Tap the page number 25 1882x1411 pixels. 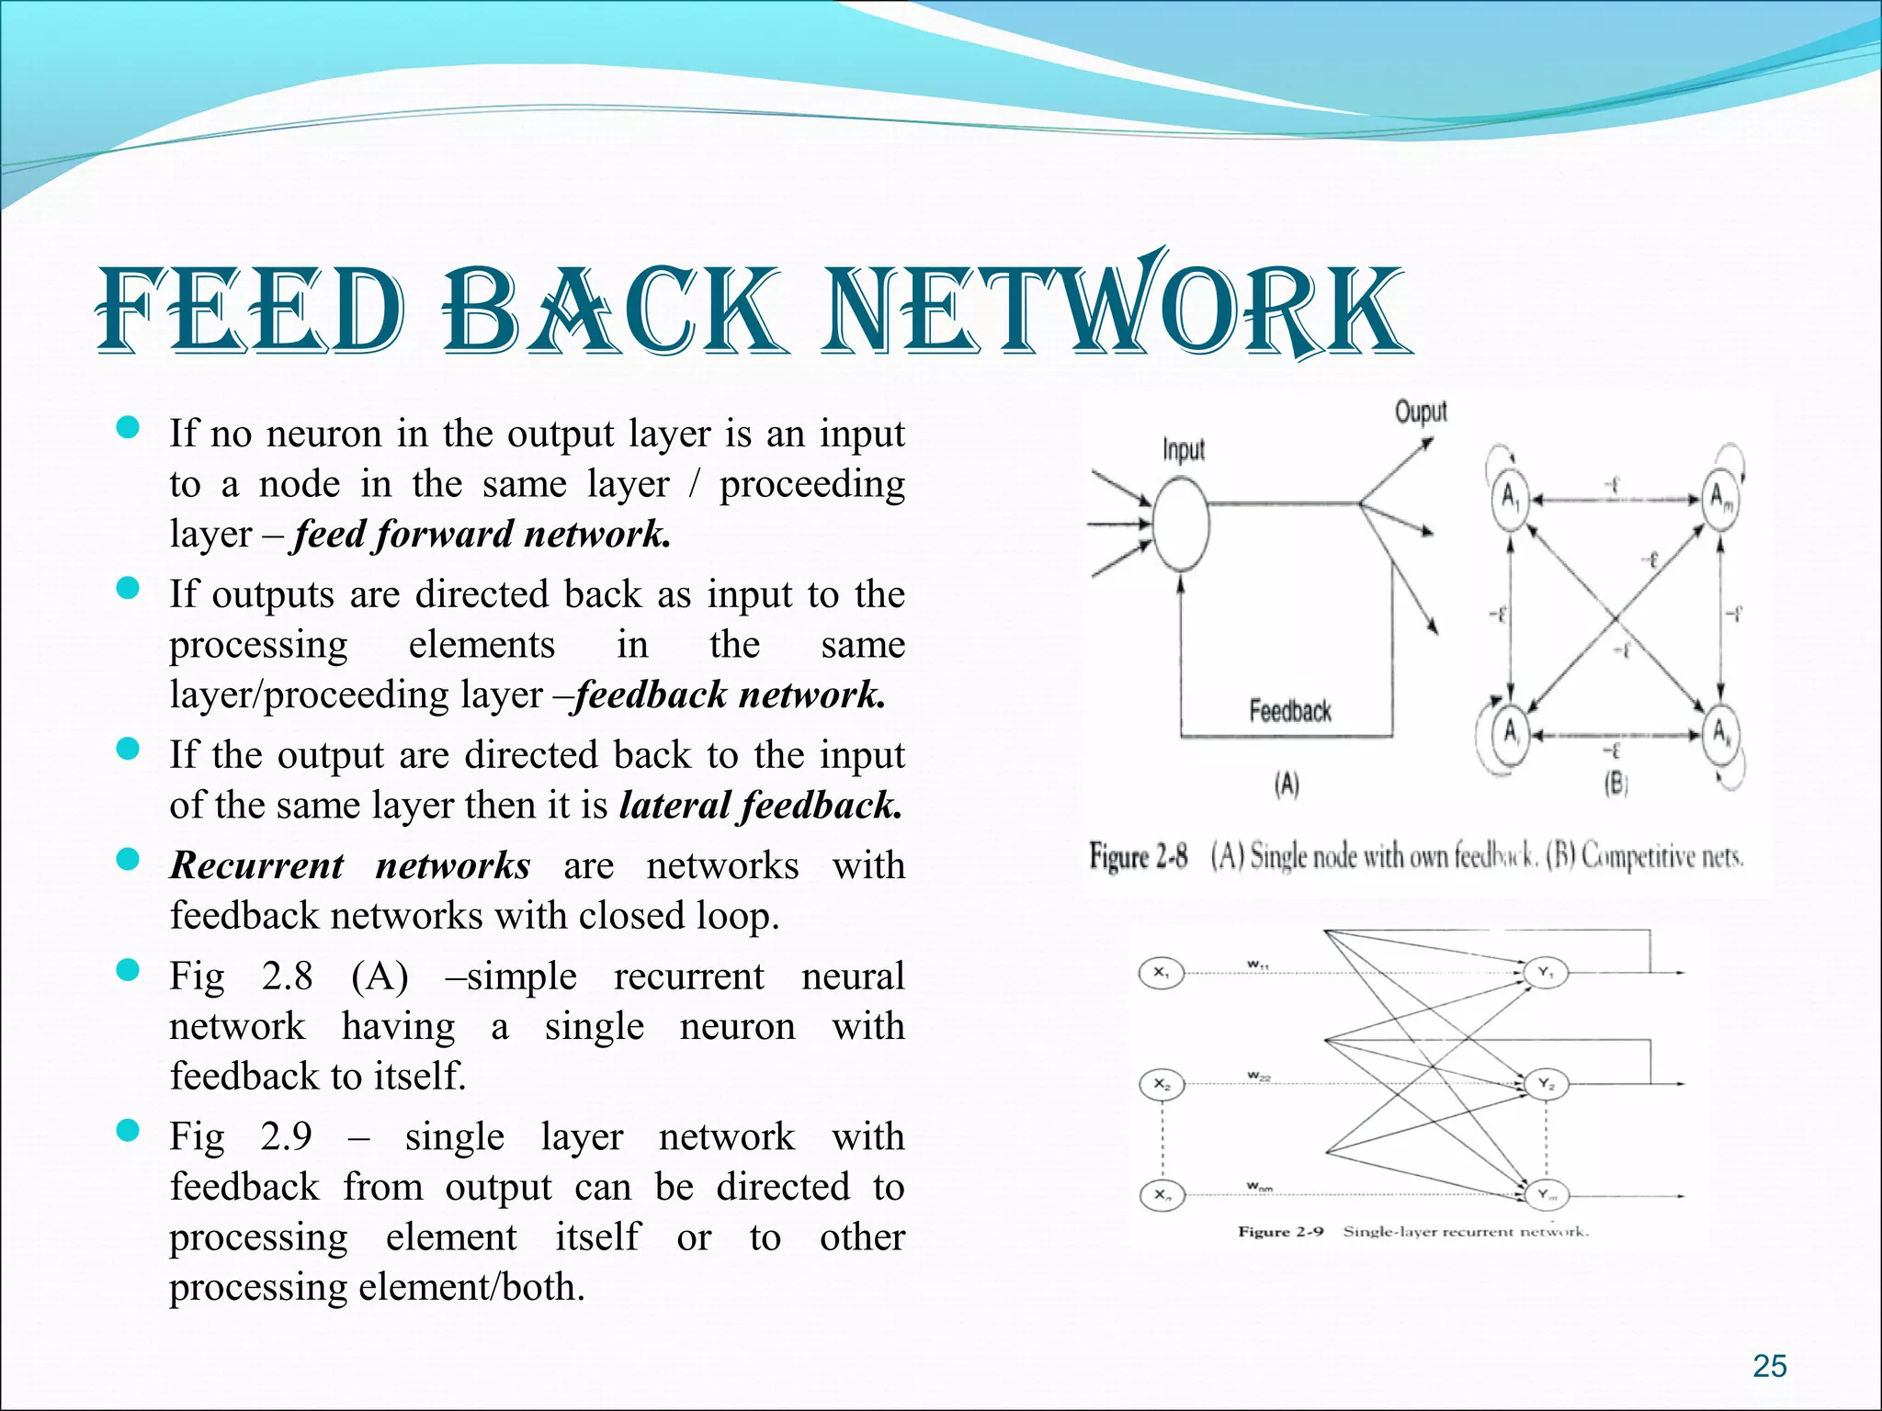click(1769, 1366)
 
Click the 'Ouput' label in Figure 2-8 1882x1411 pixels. click(1421, 412)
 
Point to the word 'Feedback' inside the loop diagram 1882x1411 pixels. click(1289, 710)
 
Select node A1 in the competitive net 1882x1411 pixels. click(1509, 500)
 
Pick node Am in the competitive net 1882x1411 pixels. click(1720, 500)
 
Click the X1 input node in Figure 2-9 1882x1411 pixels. click(1162, 972)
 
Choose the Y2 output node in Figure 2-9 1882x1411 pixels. click(1547, 1084)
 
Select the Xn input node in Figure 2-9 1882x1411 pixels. click(1162, 1195)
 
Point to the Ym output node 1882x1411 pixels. click(1547, 1195)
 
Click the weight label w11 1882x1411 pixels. click(1258, 965)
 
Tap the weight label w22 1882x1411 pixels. click(1258, 1076)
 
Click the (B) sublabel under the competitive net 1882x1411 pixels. click(1615, 785)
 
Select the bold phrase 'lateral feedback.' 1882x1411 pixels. click(761, 806)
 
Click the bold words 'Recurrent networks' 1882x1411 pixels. click(350, 866)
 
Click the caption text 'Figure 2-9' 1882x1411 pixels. click(1280, 1232)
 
